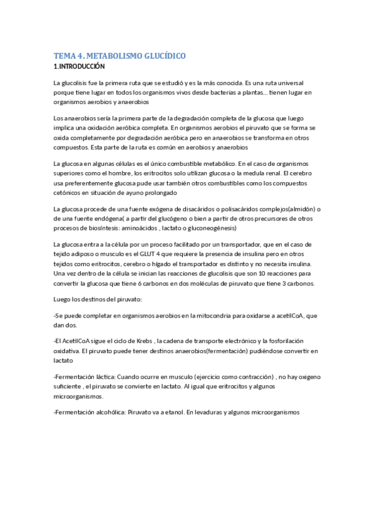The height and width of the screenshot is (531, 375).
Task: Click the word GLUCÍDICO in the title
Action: (x=160, y=56)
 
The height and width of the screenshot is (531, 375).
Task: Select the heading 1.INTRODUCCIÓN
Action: (x=80, y=65)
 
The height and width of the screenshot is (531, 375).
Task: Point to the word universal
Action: (x=297, y=83)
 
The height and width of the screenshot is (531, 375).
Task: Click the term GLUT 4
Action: (x=150, y=254)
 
